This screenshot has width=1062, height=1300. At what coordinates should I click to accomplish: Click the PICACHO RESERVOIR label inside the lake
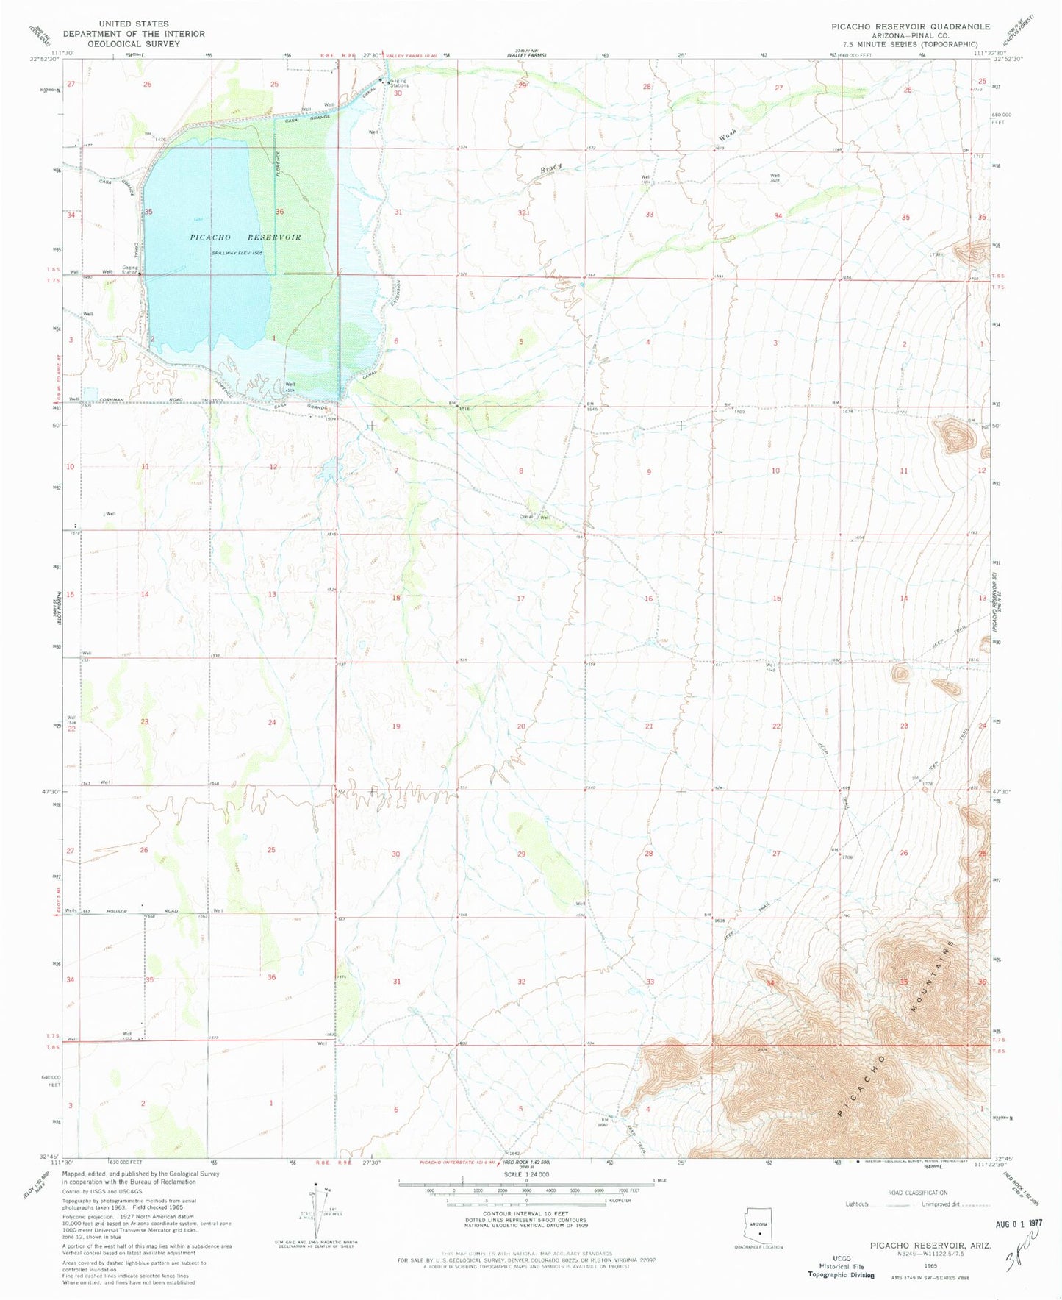coord(245,238)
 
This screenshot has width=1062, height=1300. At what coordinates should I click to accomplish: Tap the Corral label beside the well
coord(526,517)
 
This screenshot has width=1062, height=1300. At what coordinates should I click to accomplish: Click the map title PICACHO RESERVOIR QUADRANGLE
coord(910,26)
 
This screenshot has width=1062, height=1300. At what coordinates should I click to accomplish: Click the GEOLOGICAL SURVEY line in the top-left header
coord(133,43)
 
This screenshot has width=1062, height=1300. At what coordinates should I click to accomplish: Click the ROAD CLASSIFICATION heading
coord(919,1193)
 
